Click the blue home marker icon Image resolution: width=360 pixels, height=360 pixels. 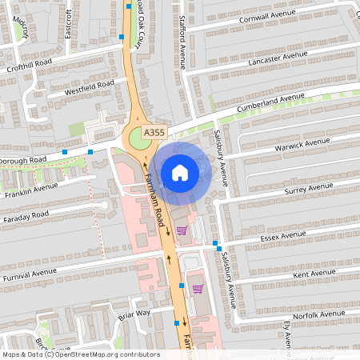coord(180,172)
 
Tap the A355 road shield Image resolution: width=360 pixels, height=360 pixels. coord(155,131)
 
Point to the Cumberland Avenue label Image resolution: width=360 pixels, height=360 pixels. coord(270,104)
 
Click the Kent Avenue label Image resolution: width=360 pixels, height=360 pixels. coord(313,274)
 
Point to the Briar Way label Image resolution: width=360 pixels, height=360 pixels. coord(134,314)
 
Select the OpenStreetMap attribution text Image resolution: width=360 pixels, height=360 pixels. coord(80,354)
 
